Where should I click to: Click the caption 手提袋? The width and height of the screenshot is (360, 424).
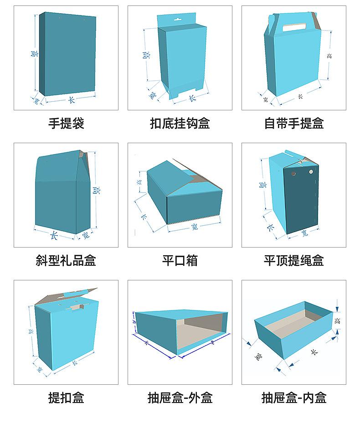click(66, 123)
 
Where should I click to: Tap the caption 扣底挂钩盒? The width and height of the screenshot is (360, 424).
click(180, 123)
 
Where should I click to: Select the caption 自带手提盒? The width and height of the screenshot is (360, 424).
click(294, 123)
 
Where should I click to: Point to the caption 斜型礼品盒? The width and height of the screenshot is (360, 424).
click(66, 261)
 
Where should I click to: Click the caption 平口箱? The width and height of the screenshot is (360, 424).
click(180, 261)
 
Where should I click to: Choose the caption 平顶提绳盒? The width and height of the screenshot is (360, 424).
click(294, 261)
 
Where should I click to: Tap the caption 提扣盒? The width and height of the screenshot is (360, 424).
click(66, 398)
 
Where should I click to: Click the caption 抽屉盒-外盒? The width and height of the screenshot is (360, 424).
click(180, 398)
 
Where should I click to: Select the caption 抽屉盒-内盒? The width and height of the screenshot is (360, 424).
click(294, 398)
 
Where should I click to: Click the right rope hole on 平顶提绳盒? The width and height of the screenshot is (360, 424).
click(311, 172)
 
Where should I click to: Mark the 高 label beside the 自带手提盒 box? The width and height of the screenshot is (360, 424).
click(329, 56)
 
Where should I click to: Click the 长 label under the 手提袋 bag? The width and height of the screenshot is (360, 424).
click(71, 99)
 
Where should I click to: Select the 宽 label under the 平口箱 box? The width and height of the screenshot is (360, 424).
click(195, 227)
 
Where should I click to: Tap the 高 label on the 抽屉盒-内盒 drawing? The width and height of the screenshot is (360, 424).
click(337, 321)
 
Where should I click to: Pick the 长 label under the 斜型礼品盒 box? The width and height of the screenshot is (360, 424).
click(54, 236)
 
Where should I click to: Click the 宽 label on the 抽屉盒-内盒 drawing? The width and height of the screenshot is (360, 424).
click(259, 356)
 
